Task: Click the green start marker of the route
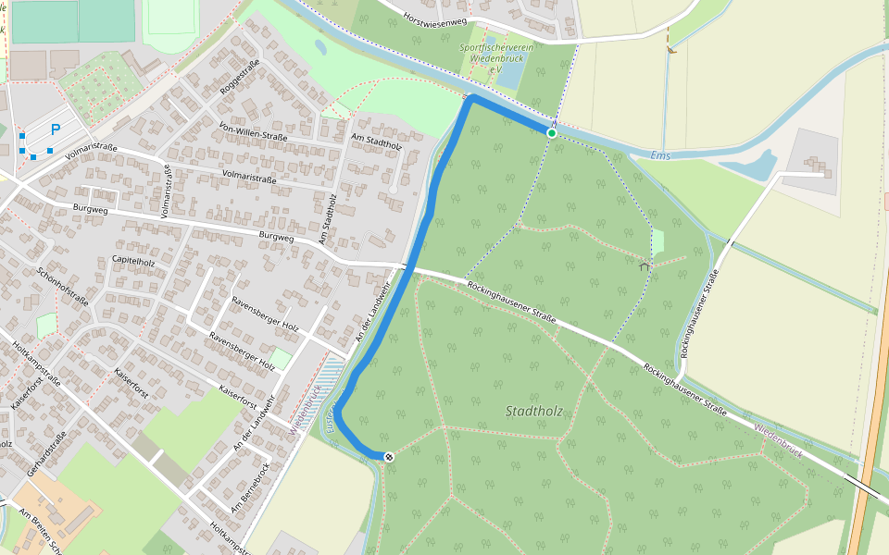(x=552, y=133)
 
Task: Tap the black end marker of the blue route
(x=389, y=456)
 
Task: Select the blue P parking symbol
(x=55, y=130)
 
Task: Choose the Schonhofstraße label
(x=63, y=287)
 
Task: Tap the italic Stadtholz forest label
(x=534, y=410)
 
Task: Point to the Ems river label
(x=659, y=154)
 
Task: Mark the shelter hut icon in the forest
(x=645, y=266)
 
